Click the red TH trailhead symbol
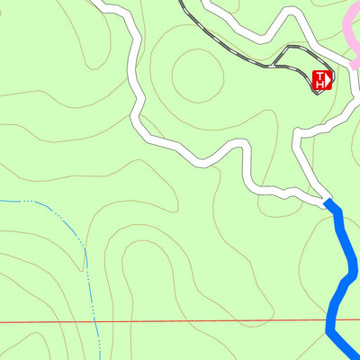coord(321,81)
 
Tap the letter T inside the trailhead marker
coord(318,76)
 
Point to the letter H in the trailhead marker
coord(319,85)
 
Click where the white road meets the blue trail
coord(327,202)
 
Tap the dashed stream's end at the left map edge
coord(2,199)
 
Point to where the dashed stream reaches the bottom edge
coord(97,357)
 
